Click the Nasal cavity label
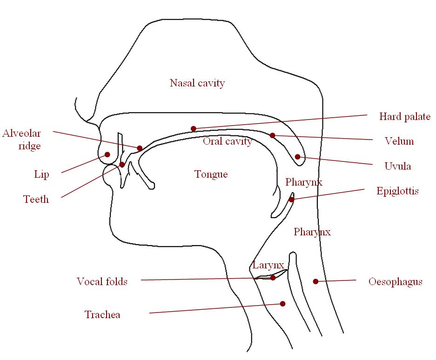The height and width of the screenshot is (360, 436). click(197, 83)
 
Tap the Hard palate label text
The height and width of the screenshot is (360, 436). click(404, 117)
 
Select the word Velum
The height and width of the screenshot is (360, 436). click(399, 141)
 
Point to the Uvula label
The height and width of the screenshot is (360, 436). click(397, 166)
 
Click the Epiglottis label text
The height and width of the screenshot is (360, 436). click(397, 191)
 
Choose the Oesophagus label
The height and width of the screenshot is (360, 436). click(395, 281)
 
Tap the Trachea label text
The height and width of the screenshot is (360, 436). click(102, 315)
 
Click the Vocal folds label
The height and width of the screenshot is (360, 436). click(102, 281)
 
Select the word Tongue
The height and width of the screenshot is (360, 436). click(211, 174)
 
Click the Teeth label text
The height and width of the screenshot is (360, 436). click(36, 200)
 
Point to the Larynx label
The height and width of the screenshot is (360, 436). click(268, 265)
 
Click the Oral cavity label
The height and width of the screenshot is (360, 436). click(227, 141)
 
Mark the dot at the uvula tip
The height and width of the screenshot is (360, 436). click(297, 157)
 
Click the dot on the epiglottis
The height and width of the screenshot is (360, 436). click(291, 200)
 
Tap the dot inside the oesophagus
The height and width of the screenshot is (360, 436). click(315, 281)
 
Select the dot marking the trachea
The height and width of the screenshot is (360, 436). click(282, 304)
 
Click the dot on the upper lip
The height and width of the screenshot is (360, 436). click(107, 154)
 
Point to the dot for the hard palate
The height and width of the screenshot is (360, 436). click(193, 128)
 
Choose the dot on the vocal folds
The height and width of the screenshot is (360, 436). click(273, 278)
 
